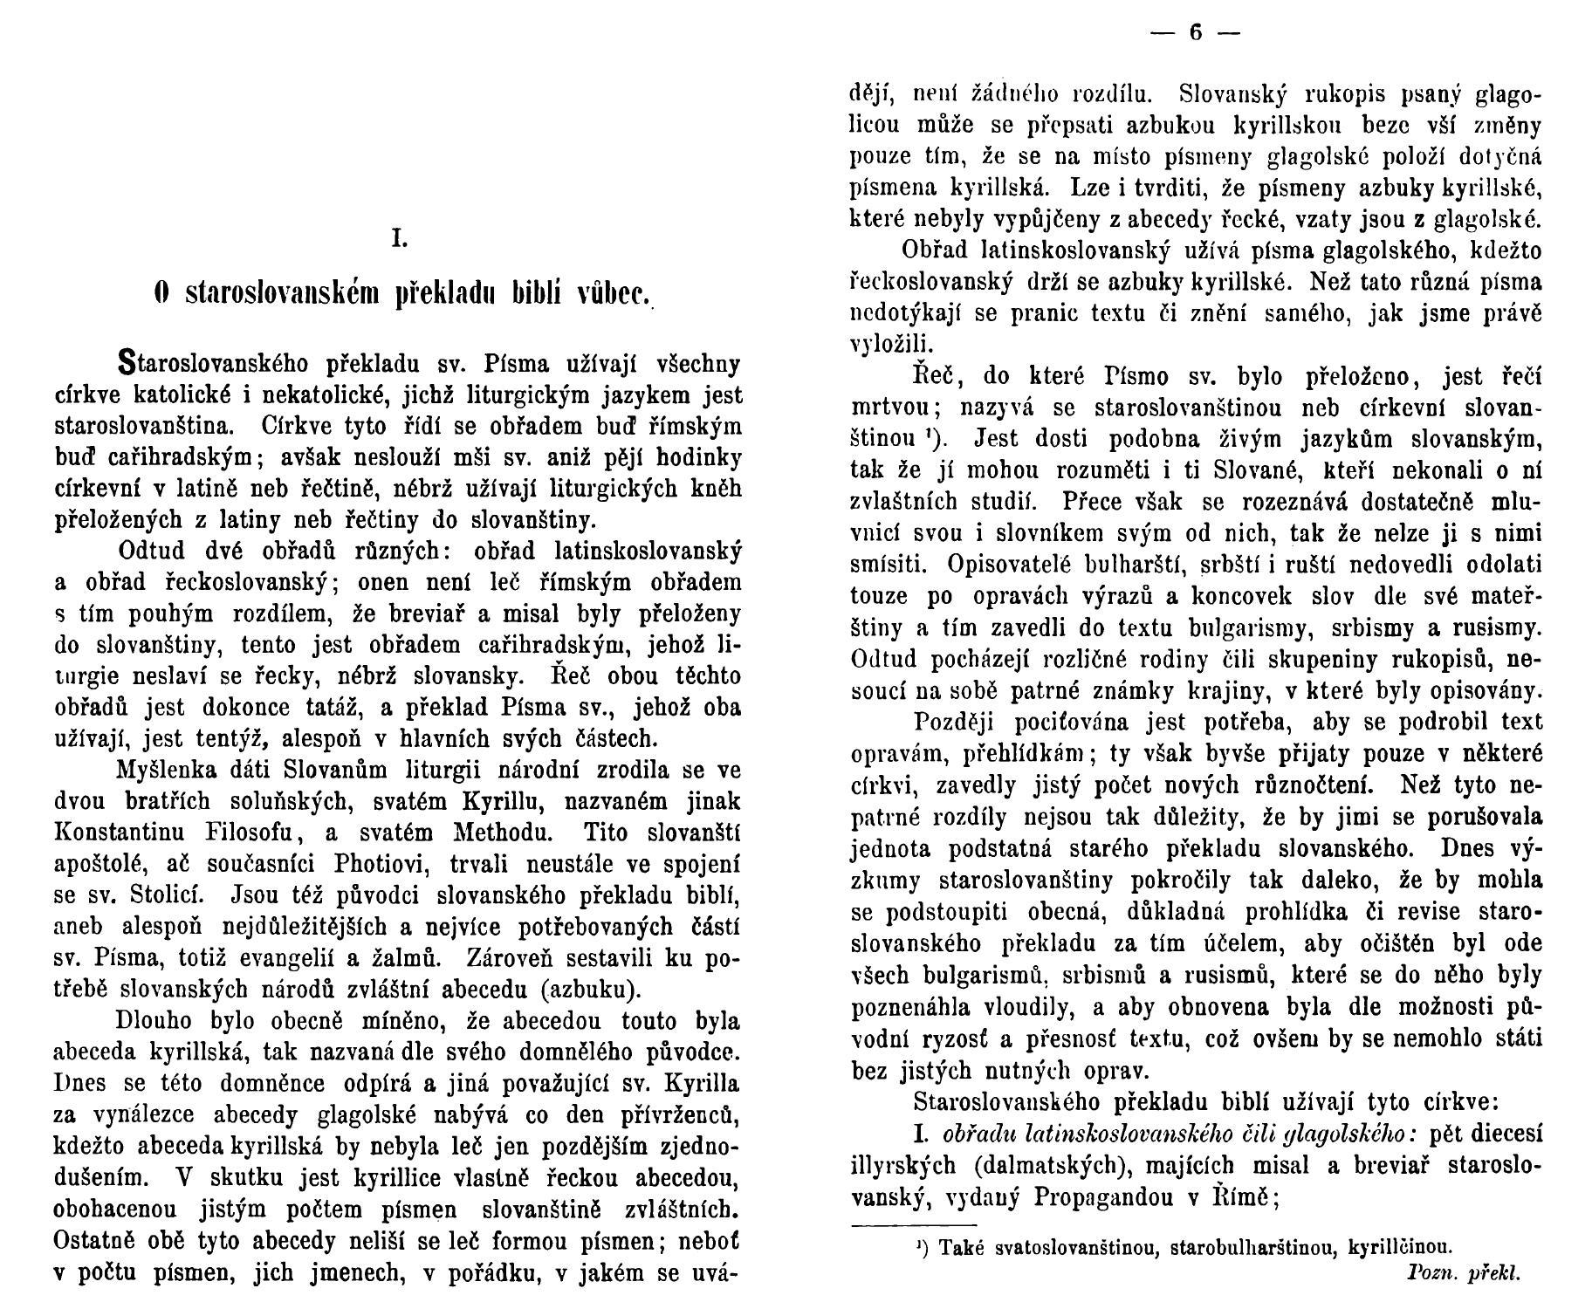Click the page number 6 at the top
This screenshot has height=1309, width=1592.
[x=1195, y=34]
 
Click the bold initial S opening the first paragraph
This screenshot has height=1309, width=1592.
[x=128, y=363]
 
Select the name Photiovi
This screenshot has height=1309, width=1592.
[x=377, y=864]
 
